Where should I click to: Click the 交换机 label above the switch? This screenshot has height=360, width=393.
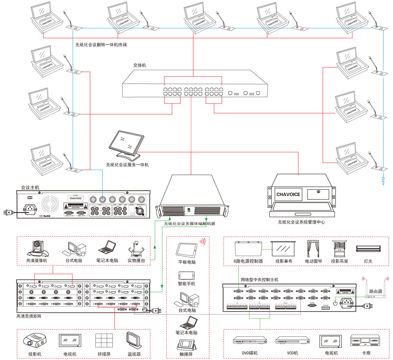tap(140, 65)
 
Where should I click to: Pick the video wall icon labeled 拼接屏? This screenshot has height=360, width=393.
tap(104, 341)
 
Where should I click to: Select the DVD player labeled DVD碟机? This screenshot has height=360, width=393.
tap(250, 341)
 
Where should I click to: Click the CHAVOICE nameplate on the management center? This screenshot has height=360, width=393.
tap(288, 194)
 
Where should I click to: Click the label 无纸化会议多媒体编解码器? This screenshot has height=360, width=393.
tap(190, 224)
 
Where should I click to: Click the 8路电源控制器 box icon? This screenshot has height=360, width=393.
tap(249, 248)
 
